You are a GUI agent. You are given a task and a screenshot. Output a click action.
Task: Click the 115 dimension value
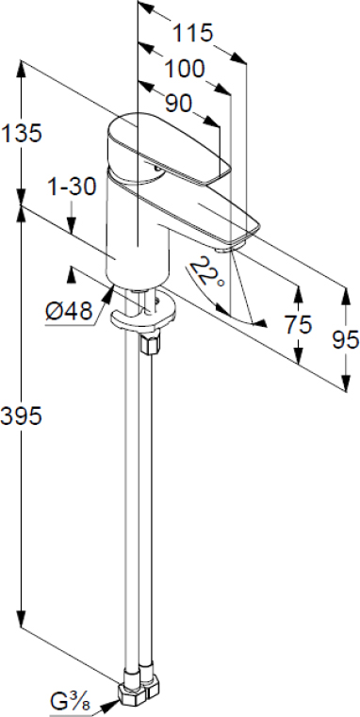[192, 32]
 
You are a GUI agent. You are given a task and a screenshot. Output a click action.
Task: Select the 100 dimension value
[185, 69]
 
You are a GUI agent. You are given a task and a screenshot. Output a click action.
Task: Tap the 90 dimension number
[178, 105]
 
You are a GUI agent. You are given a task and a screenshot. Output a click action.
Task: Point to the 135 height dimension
[22, 133]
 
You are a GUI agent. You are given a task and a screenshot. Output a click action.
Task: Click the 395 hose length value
[22, 416]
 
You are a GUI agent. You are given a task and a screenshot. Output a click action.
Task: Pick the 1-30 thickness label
[72, 187]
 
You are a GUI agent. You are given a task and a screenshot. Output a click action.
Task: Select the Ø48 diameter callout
[69, 312]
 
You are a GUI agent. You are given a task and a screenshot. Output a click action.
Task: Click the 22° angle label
[207, 272]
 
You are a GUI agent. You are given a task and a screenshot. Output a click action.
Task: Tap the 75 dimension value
[298, 324]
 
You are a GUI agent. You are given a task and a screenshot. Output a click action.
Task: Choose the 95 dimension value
[345, 340]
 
